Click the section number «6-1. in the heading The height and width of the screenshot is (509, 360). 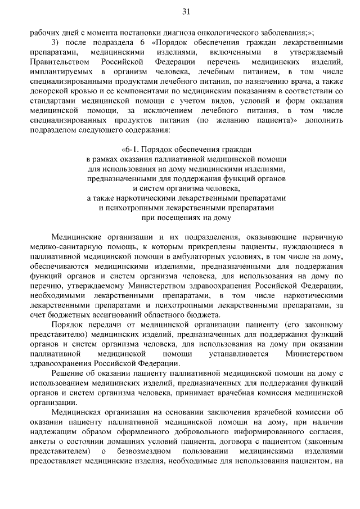tap(133, 149)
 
